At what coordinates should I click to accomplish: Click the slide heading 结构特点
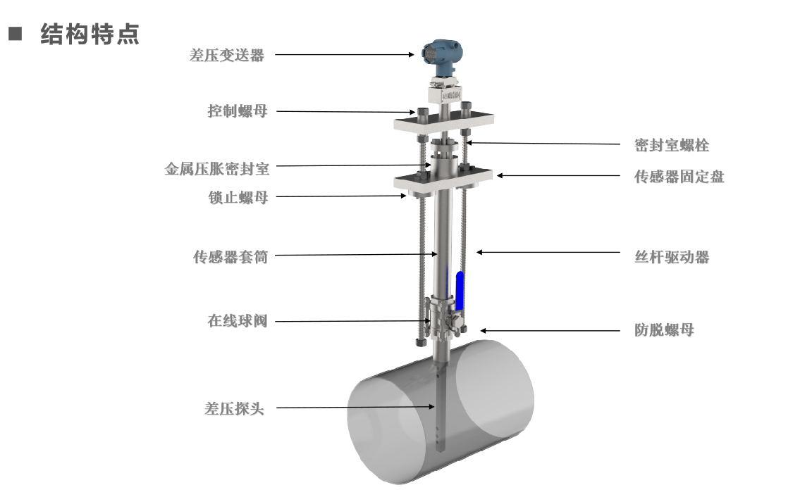(x=90, y=34)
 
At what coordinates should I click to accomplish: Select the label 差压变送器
(x=226, y=56)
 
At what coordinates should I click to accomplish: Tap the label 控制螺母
(x=237, y=111)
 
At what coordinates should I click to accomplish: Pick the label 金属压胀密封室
(x=216, y=169)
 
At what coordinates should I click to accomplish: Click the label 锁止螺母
(x=238, y=198)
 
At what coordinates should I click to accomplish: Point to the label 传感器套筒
(x=230, y=257)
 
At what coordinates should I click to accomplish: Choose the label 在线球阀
(x=237, y=321)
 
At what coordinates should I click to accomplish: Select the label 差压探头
(x=234, y=409)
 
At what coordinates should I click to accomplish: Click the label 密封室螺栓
(x=671, y=146)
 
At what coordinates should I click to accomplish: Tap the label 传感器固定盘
(x=679, y=177)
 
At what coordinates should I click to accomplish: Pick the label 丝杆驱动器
(x=671, y=257)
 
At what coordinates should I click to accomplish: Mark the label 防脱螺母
(x=663, y=329)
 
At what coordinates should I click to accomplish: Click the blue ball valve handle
(x=460, y=290)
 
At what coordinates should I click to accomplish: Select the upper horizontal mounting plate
(x=442, y=125)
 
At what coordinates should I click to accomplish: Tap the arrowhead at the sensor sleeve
(x=436, y=254)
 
